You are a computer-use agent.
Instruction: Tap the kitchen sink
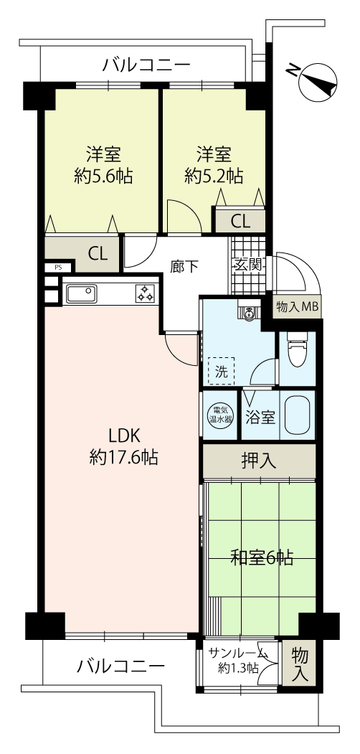(81, 293)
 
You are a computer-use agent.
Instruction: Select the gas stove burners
(145, 293)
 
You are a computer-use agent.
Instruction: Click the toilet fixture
(297, 347)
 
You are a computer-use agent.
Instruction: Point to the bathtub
(298, 415)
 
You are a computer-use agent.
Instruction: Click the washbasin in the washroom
(249, 313)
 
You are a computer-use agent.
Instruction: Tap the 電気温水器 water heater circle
(219, 415)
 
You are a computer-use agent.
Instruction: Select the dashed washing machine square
(221, 370)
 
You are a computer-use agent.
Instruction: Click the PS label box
(58, 268)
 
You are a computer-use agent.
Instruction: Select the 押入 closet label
(259, 461)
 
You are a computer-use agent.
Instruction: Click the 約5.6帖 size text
(103, 176)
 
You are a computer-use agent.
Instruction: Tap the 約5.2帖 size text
(214, 176)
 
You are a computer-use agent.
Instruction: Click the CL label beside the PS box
(97, 254)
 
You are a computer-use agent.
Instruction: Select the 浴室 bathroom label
(260, 418)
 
